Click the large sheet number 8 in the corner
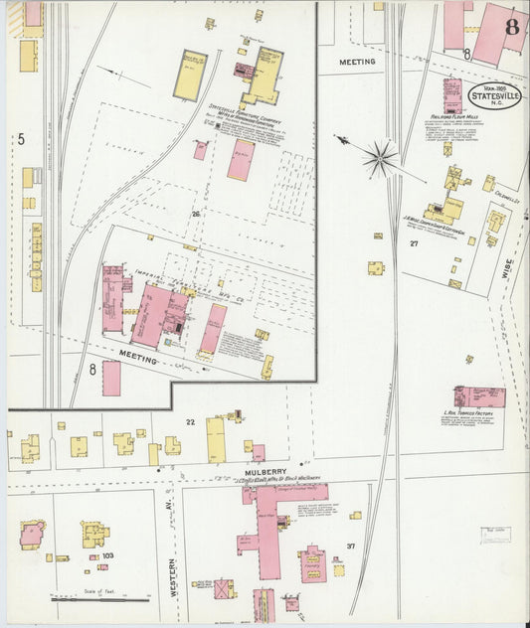pos(512,26)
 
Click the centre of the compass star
pos(380,156)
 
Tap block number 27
pos(413,242)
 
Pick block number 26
pos(197,214)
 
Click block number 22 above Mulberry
pos(190,422)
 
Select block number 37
pos(351,547)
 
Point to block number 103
pos(107,555)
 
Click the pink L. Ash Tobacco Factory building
pos(480,396)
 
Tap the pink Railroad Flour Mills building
pos(452,93)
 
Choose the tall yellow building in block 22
pos(216,438)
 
